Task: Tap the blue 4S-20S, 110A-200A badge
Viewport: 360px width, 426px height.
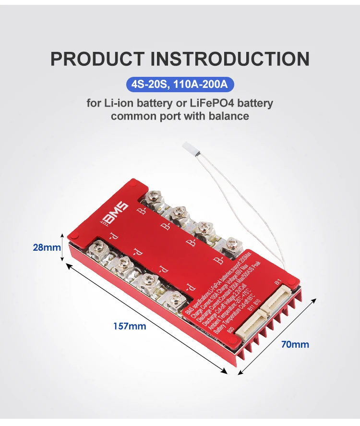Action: point(180,85)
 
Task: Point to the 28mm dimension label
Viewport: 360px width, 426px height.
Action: point(47,247)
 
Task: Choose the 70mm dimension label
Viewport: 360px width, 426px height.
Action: point(296,344)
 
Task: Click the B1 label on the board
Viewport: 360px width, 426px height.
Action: point(277,284)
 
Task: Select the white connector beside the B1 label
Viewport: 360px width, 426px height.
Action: point(278,298)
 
